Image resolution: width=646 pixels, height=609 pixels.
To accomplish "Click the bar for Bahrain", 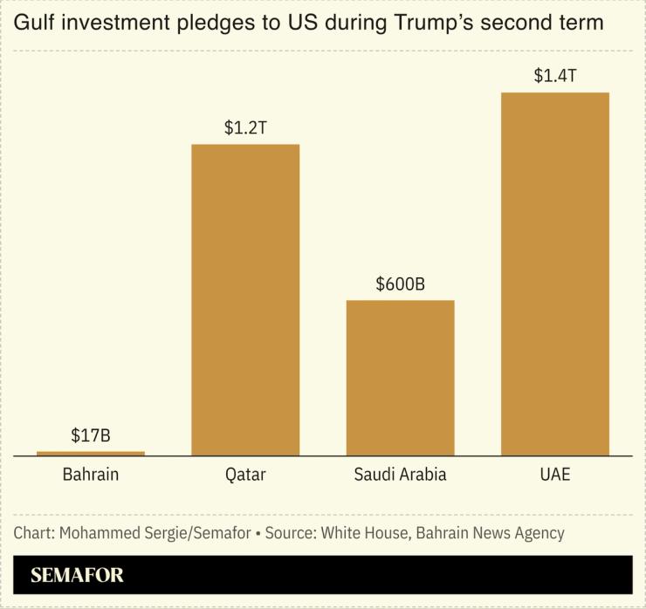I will click(91, 453).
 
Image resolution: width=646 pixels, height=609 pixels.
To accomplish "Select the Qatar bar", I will click(245, 299).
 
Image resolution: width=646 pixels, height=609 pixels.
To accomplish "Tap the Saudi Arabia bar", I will click(400, 377).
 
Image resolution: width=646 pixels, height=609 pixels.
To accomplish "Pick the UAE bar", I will click(554, 273).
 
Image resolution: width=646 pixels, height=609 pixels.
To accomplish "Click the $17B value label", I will click(91, 435).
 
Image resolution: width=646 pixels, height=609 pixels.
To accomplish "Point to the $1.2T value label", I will click(245, 127).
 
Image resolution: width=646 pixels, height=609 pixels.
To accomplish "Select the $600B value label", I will click(400, 284).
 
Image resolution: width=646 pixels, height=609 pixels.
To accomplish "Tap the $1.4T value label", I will click(554, 76).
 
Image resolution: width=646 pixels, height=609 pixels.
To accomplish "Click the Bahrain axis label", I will click(91, 476).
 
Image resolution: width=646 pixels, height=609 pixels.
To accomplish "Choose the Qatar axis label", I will click(245, 476).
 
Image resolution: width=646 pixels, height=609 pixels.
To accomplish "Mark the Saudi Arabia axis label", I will click(400, 476).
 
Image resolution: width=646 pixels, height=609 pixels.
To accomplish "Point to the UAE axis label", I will click(554, 476).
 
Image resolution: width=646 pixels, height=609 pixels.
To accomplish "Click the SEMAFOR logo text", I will click(77, 576).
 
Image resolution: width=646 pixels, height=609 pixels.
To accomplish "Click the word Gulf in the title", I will click(33, 24).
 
